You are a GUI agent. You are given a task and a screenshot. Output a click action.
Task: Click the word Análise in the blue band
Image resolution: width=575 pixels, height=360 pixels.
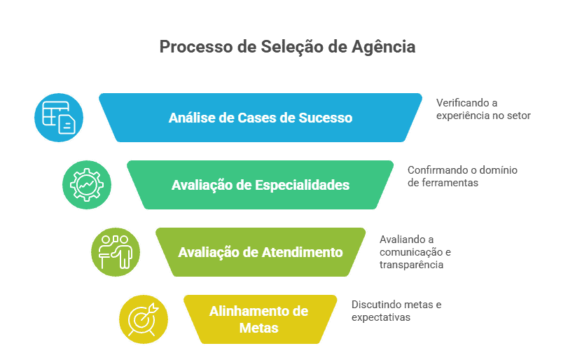191,118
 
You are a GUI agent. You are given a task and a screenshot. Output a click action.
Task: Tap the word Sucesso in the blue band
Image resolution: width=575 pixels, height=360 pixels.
325,118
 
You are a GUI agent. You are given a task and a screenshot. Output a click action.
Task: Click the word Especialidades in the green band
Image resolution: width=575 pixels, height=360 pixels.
303,186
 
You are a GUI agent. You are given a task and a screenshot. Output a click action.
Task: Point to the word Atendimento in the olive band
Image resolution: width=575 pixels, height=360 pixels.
303,252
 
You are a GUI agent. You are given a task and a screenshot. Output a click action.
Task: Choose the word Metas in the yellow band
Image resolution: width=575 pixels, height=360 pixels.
260,328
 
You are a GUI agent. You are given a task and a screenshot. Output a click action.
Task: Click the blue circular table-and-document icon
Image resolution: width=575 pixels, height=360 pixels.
59,117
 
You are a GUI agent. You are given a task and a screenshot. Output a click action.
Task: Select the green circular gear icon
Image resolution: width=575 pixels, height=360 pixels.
87,185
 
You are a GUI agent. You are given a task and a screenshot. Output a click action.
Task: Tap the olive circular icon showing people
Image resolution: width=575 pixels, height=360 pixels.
116,251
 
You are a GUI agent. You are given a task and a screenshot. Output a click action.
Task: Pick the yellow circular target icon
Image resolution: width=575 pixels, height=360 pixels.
144,319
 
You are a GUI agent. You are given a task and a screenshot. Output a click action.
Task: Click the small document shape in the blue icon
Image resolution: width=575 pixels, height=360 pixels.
67,125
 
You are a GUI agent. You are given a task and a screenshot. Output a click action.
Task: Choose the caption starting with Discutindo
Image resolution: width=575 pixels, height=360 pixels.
396,310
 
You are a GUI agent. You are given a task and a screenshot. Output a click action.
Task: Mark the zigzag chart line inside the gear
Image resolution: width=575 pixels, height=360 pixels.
87,185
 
